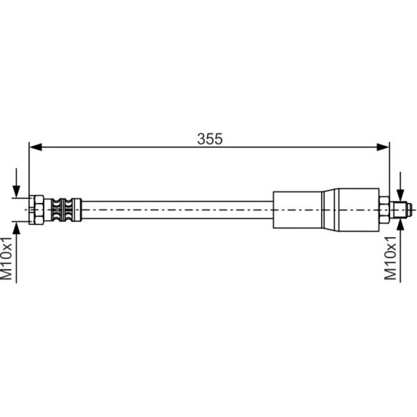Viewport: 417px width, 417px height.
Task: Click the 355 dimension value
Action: [x=210, y=139]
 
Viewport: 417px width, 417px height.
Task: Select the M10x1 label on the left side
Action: [x=6, y=258]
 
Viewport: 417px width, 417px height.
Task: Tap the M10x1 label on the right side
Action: [x=390, y=258]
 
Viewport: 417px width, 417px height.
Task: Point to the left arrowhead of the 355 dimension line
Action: [x=36, y=147]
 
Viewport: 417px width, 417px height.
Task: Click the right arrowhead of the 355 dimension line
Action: [x=383, y=147]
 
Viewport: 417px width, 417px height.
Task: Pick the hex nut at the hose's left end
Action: [x=36, y=210]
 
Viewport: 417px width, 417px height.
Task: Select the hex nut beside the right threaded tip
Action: [x=384, y=210]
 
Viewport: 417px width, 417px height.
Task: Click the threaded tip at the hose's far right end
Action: [x=401, y=210]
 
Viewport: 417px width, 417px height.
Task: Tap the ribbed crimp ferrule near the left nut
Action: [x=63, y=210]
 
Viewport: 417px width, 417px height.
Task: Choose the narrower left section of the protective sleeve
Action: [x=297, y=210]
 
